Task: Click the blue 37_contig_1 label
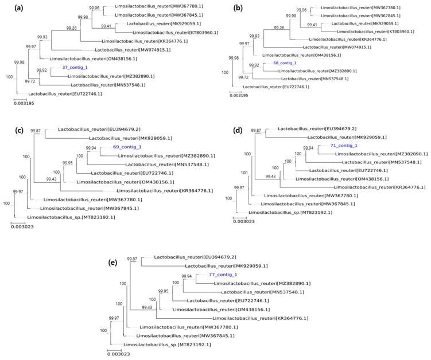click(x=73, y=67)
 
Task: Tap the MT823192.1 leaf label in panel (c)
click(x=57, y=217)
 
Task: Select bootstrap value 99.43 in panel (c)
click(x=55, y=178)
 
